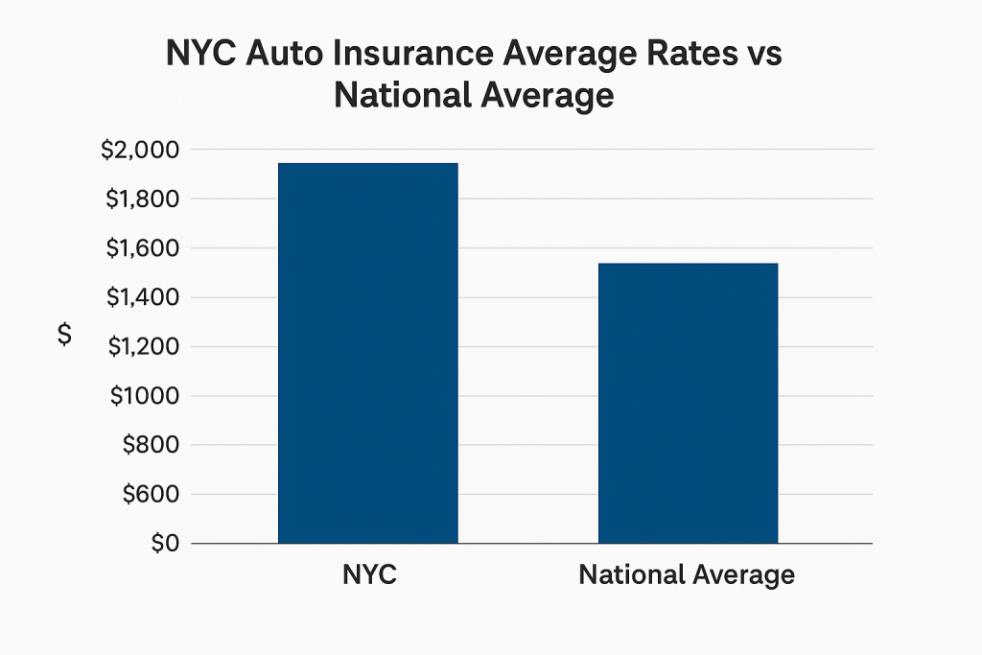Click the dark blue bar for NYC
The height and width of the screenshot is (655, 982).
tap(368, 353)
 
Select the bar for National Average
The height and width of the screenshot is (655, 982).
tap(688, 403)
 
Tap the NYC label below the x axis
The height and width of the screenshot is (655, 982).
tap(369, 575)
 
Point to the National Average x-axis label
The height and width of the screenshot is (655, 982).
tap(687, 575)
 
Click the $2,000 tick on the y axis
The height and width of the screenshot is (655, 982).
tap(139, 150)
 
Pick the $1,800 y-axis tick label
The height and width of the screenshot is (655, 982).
tap(139, 199)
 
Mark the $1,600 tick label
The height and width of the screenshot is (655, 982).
tap(139, 248)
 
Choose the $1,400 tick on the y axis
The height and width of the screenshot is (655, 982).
tap(139, 298)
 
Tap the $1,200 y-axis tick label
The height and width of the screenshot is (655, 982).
tap(139, 347)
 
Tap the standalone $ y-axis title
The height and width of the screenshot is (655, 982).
tap(64, 335)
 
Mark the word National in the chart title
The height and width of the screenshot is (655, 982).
tap(406, 96)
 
